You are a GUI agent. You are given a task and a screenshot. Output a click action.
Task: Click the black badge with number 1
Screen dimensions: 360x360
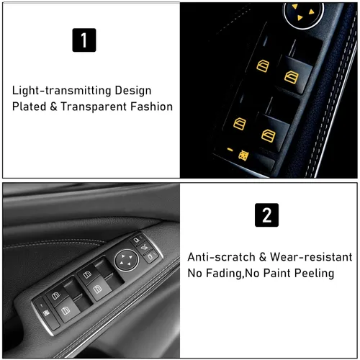pos(84,40)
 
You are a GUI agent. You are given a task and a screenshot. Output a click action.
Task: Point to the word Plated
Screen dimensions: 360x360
pos(30,107)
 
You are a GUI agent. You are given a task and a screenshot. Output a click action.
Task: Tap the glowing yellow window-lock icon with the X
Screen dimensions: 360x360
pos(245,153)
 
